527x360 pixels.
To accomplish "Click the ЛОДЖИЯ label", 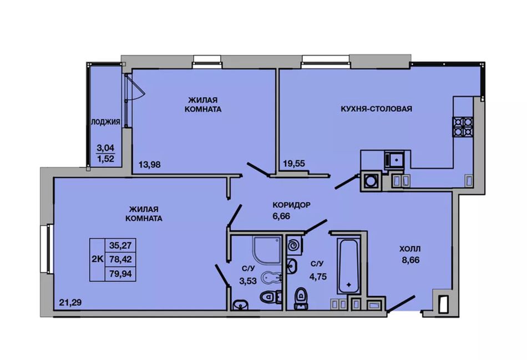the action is tap(105, 122).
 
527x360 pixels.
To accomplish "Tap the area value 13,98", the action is tap(150, 165).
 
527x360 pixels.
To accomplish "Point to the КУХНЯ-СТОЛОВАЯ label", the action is tap(377, 109).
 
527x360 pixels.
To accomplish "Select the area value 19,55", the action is tap(294, 164).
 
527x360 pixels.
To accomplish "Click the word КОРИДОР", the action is tap(291, 205).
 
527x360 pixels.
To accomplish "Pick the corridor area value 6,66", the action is tap(281, 216).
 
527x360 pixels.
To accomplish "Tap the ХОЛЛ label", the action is tap(410, 249).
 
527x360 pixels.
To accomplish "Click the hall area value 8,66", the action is tap(411, 260).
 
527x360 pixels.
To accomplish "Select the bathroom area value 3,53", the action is tap(248, 281).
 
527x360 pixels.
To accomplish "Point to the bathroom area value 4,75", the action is tap(318, 277).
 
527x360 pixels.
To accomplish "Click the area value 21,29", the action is tap(70, 302).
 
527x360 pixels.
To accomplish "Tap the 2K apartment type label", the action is tap(98, 259).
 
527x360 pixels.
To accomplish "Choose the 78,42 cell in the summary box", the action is tap(120, 260).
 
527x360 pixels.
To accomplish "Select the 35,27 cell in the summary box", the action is tap(120, 245).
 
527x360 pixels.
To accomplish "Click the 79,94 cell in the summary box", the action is tap(120, 274).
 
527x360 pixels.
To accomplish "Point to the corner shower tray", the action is tap(267, 250).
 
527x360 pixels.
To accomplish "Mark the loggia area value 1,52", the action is tap(105, 159).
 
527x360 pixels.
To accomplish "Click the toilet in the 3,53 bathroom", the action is tap(271, 296).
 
